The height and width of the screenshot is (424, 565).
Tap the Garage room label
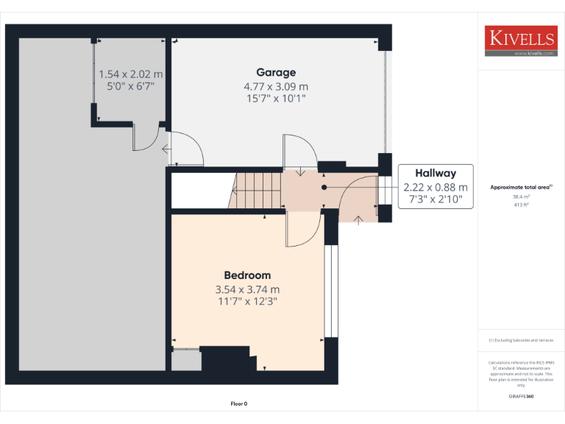(x=276, y=72)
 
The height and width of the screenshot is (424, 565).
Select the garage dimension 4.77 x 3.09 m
(x=276, y=85)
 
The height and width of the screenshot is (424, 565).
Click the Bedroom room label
(x=247, y=275)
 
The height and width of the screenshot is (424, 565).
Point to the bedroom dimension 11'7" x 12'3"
(x=247, y=301)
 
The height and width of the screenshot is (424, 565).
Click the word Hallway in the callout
(x=435, y=174)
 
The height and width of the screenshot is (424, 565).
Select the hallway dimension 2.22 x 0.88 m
(x=435, y=187)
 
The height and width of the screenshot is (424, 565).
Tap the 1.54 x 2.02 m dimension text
(x=131, y=74)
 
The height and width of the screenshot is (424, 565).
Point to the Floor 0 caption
(x=239, y=403)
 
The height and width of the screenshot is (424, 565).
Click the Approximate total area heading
(x=520, y=188)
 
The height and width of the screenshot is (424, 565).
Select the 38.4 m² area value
(x=521, y=197)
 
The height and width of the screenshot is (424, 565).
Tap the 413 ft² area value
(x=521, y=205)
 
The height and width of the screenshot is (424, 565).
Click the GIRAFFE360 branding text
(x=521, y=397)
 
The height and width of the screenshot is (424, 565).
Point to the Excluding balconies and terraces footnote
(x=521, y=340)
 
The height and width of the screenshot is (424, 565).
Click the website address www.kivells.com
(x=529, y=54)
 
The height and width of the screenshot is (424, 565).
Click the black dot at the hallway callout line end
(x=324, y=187)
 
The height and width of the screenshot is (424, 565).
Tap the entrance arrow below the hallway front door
(x=358, y=219)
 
